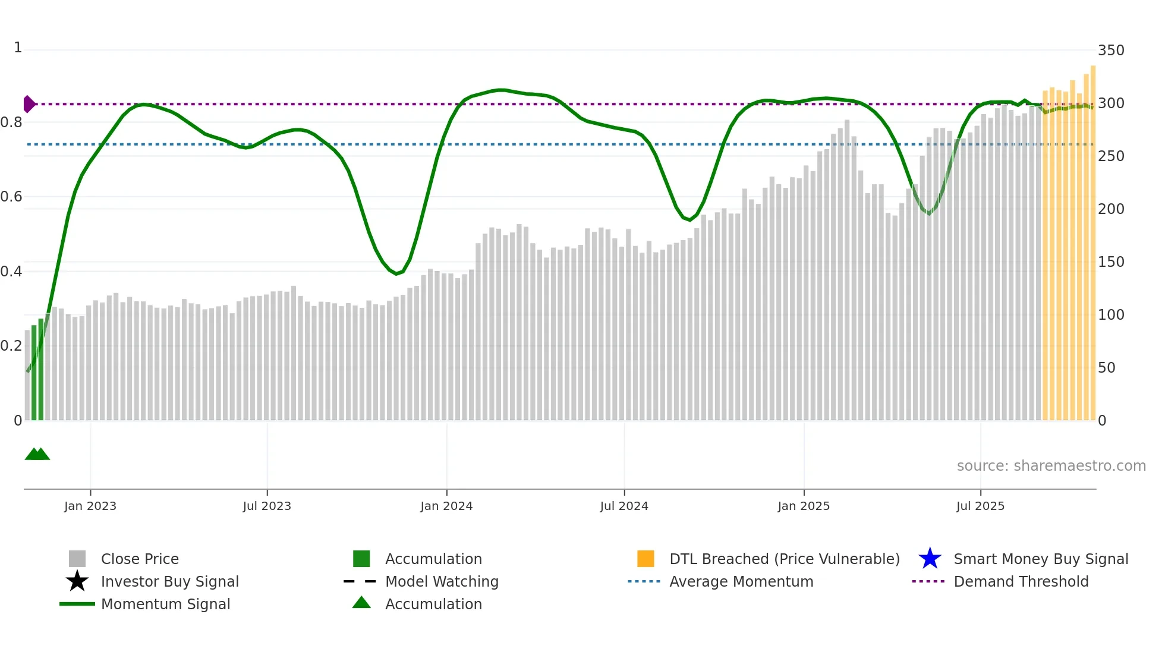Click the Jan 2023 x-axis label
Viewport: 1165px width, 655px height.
pos(90,506)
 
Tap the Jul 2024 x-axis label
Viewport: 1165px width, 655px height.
pos(624,506)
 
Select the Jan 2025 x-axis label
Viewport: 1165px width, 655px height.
pos(804,506)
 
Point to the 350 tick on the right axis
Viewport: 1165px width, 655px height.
pos(1111,51)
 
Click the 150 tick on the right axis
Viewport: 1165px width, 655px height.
pos(1111,262)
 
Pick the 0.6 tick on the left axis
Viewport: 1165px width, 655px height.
pos(11,197)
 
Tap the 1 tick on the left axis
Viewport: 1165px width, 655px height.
pos(18,48)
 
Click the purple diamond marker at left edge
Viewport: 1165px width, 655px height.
pos(29,104)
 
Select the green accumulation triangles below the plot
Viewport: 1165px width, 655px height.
pos(37,454)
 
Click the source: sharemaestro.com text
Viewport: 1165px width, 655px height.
pos(1051,466)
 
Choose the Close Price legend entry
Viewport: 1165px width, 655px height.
pos(140,559)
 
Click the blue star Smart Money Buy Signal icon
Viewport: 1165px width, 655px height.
pos(930,559)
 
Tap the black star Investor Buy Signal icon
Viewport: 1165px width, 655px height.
pos(77,581)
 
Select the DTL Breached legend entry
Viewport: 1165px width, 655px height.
pos(784,559)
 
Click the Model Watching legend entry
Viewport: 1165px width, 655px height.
pos(442,581)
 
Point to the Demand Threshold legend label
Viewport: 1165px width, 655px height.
pos(1021,581)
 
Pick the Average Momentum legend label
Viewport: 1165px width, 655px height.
pos(741,581)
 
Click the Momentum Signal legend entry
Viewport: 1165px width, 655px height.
pos(165,604)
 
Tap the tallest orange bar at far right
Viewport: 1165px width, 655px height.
pos(1093,238)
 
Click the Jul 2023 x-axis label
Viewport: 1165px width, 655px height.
pos(267,506)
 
